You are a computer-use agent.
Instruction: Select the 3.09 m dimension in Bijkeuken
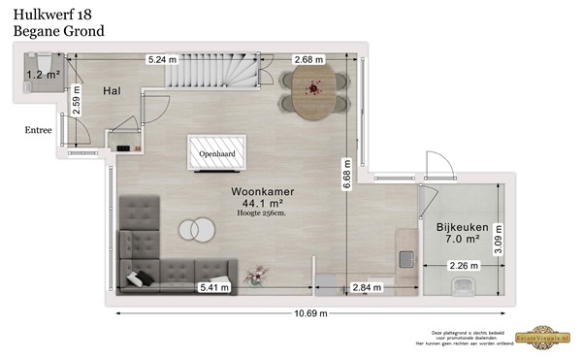click(x=499, y=237)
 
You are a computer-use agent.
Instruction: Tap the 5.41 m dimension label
click(x=214, y=288)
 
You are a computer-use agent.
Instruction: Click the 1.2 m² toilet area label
click(x=41, y=74)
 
